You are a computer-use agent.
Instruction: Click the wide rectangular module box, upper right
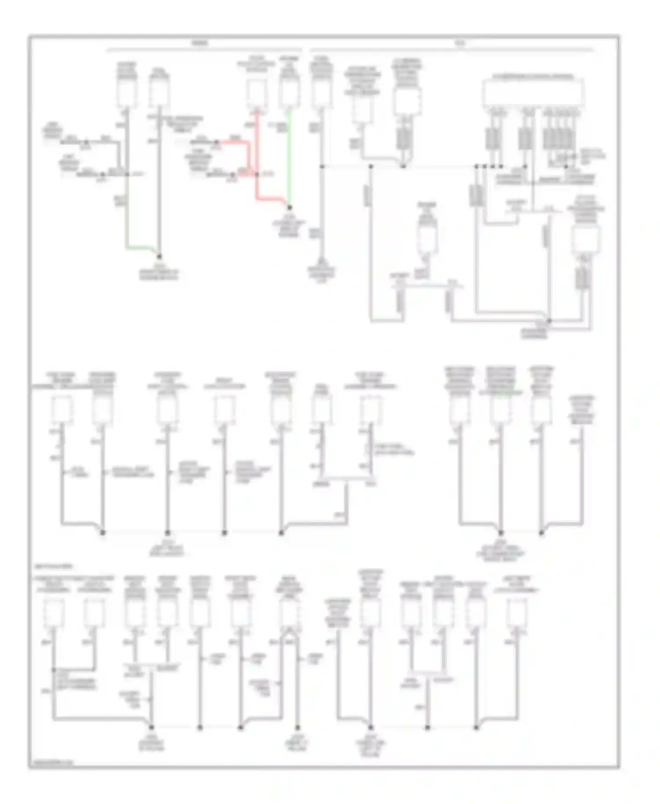(x=534, y=92)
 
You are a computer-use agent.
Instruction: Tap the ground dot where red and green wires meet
(x=290, y=207)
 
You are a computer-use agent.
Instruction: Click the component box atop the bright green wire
(x=289, y=92)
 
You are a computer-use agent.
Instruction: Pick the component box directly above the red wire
(x=256, y=93)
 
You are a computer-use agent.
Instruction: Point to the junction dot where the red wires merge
(x=257, y=175)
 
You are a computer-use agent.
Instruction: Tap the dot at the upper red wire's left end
(x=217, y=142)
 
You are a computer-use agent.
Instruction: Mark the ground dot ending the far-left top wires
(x=159, y=256)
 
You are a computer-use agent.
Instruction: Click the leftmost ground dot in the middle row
(x=103, y=533)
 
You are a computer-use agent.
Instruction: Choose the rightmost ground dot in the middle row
(x=541, y=533)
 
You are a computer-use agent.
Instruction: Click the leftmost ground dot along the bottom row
(x=152, y=727)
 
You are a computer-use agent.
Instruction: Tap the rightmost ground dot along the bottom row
(x=476, y=727)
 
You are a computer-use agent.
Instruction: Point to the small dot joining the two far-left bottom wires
(x=53, y=670)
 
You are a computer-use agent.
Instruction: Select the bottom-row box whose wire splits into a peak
(x=289, y=613)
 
